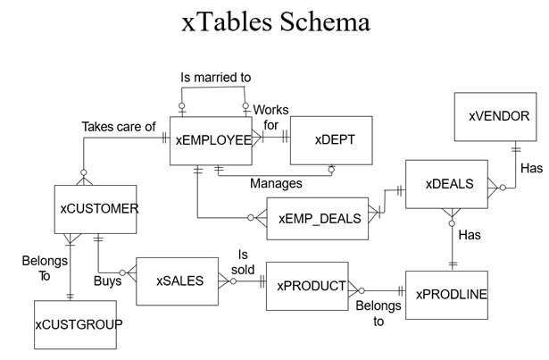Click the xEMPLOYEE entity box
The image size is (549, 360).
pyautogui.click(x=212, y=140)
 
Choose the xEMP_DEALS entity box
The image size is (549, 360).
pyautogui.click(x=319, y=219)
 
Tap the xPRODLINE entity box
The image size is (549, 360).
pyautogui.click(x=447, y=294)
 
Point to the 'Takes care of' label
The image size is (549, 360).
pyautogui.click(x=119, y=127)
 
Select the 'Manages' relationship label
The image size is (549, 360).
pyautogui.click(x=275, y=182)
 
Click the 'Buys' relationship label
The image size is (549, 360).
pyautogui.click(x=107, y=280)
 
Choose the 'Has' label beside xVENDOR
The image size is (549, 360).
pyautogui.click(x=531, y=168)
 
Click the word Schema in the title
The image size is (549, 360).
pyautogui.click(x=320, y=21)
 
